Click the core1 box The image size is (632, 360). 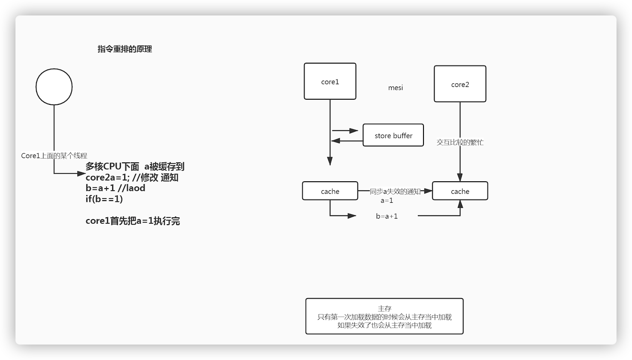pos(330,82)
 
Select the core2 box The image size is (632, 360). pos(460,84)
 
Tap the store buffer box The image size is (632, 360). pos(393,135)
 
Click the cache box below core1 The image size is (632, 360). pos(330,191)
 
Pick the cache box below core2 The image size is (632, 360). pos(460,191)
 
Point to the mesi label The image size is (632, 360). pos(396,88)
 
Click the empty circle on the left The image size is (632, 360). pos(54,87)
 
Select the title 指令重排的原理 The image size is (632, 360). pos(125,49)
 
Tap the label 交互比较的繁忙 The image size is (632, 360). pos(460,142)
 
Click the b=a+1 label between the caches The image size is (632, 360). pos(387,216)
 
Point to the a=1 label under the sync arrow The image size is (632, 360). pos(387,201)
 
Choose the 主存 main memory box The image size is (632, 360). pos(384,316)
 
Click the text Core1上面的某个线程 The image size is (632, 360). pos(54,156)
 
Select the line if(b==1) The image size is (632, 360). pos(104,199)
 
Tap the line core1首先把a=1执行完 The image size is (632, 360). pos(132,221)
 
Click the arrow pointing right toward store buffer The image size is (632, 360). pos(345,131)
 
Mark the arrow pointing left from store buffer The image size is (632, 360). pos(347,140)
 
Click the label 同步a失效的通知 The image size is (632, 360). pos(395,192)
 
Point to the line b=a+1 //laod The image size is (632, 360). pos(115,188)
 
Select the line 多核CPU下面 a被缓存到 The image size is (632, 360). pos(135,167)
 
